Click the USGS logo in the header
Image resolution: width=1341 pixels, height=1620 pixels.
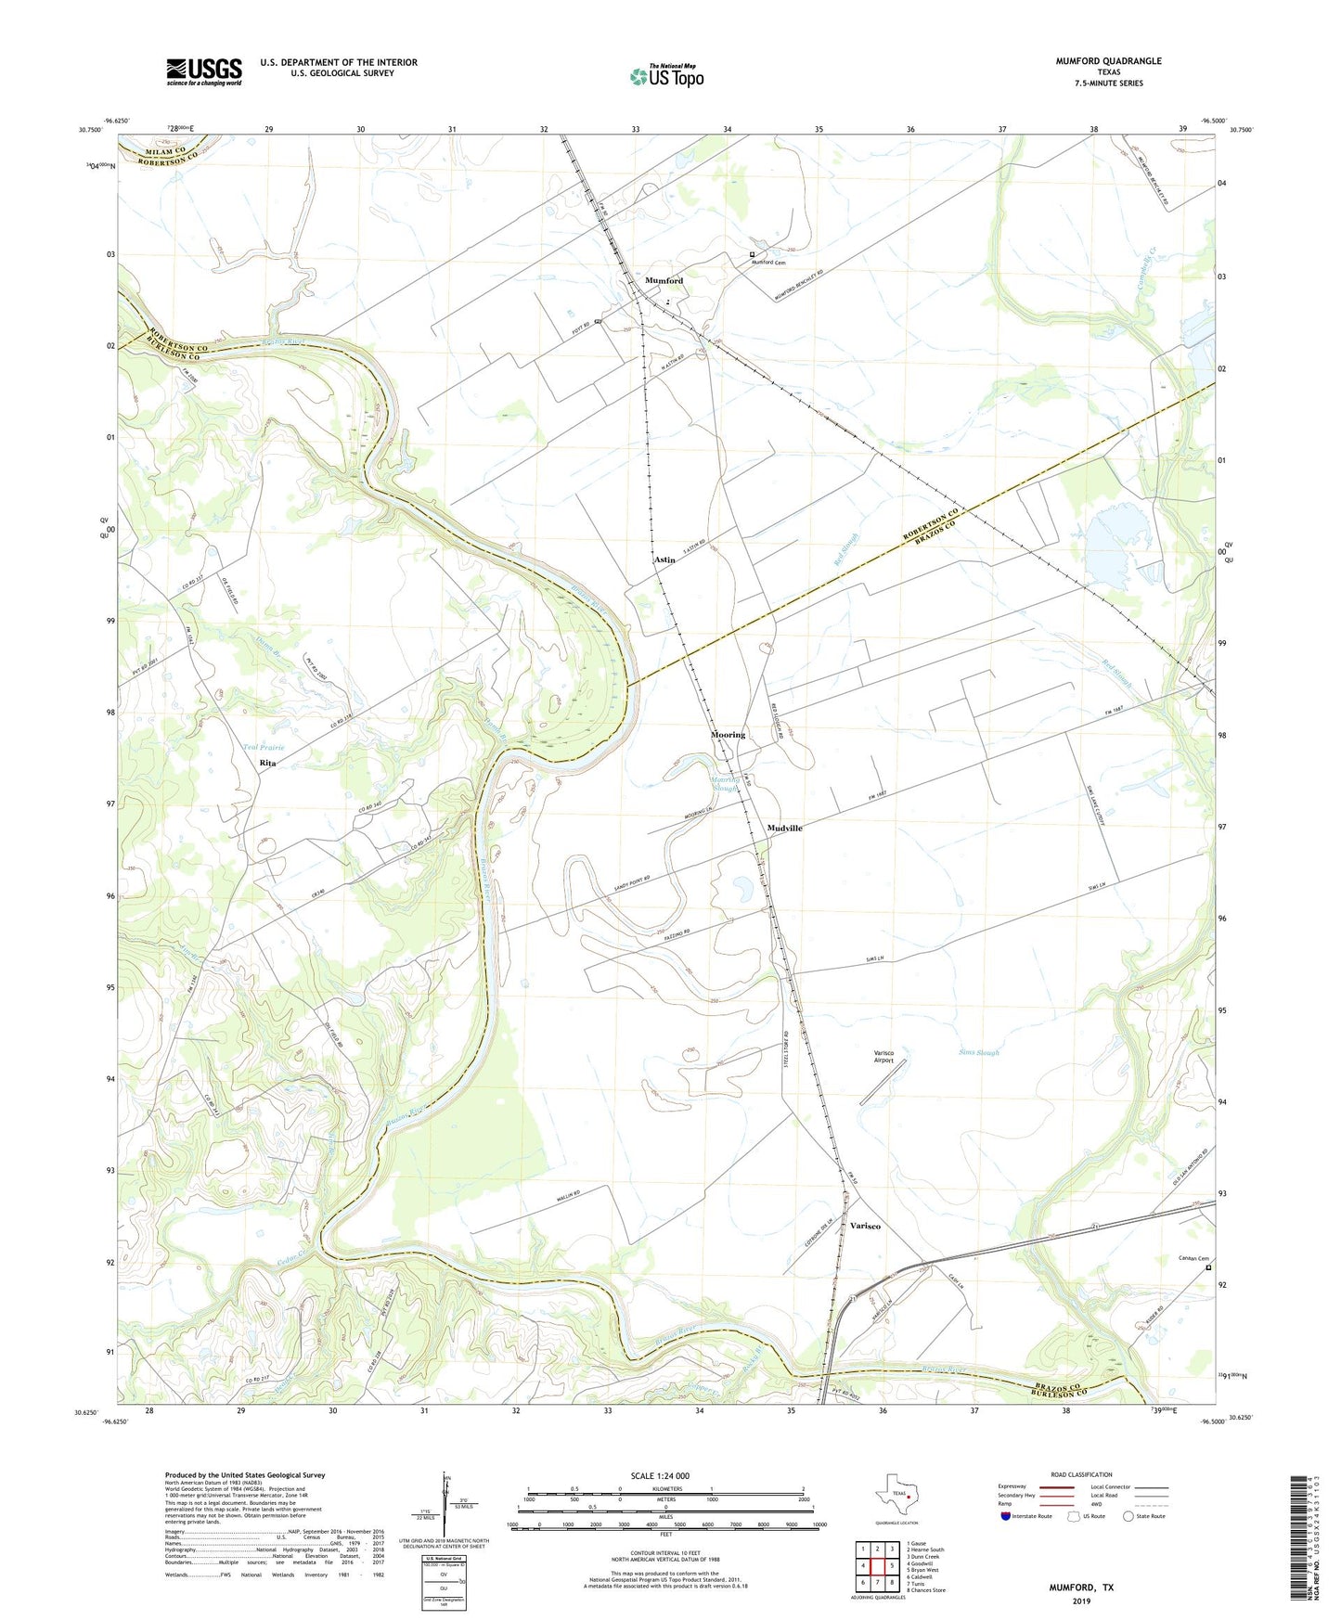(204, 71)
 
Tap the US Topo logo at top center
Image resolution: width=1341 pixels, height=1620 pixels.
(665, 76)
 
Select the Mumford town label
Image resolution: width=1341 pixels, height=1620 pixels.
(664, 280)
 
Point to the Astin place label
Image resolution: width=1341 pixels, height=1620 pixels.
(664, 560)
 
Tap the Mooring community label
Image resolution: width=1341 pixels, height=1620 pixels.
(728, 735)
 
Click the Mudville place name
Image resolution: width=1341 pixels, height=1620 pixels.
(784, 828)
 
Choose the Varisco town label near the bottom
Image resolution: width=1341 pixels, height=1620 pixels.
(865, 1226)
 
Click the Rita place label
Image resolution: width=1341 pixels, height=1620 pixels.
(267, 763)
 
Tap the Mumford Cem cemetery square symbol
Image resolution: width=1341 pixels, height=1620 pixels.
(752, 254)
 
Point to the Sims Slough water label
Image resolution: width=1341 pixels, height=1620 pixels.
(978, 1052)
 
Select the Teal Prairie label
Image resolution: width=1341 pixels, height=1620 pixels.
(264, 747)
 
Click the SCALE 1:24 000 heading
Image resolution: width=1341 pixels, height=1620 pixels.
(665, 1475)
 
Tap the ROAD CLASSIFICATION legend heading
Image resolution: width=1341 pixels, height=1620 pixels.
(1081, 1474)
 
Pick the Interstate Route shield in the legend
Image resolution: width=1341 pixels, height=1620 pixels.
(1007, 1516)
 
